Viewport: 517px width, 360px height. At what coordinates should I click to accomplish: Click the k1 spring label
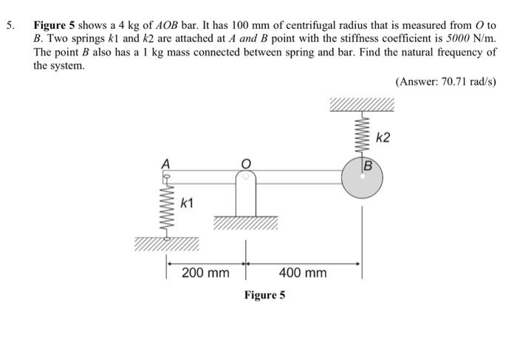(x=189, y=203)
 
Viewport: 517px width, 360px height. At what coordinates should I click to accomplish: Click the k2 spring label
(x=385, y=138)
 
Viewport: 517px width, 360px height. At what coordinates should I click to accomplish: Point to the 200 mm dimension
(x=205, y=273)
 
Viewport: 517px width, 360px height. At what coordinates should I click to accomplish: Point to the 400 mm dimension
(x=303, y=273)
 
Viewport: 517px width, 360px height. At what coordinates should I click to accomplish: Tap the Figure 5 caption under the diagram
(x=264, y=295)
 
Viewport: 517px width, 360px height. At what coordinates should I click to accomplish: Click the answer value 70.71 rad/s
(x=456, y=81)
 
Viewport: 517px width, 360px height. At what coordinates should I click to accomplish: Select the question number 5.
(x=10, y=24)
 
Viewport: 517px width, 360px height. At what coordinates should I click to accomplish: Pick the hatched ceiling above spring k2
(x=362, y=104)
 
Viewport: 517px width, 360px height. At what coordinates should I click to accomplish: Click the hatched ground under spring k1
(x=167, y=245)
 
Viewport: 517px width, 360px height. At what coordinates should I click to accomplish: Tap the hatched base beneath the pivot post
(x=246, y=223)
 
